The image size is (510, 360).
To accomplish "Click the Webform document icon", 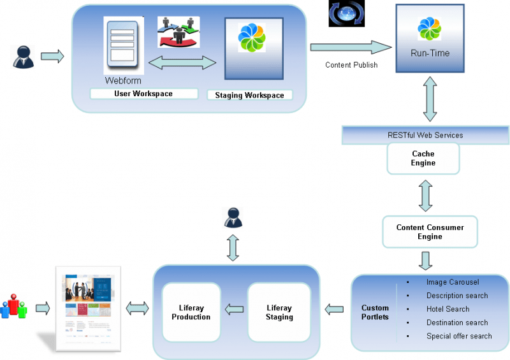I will coord(123,46).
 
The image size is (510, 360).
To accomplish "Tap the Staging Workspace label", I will coord(249,95).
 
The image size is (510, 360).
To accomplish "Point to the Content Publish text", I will coord(351,65).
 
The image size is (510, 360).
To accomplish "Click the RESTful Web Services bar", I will coord(425,134).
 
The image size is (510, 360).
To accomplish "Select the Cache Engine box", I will coord(423,158).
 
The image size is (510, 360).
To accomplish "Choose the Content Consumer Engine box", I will coord(430,232).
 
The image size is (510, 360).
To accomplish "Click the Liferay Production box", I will coord(191,312).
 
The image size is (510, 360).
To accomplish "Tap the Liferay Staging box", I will coord(279,312).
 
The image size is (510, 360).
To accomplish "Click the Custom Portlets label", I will coord(375,312).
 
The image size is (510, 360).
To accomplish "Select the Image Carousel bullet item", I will coord(452,282).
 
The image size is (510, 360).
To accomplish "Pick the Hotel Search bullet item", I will coord(448,309).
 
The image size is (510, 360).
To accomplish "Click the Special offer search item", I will coord(459,336).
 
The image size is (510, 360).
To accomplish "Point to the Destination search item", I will coord(457,322).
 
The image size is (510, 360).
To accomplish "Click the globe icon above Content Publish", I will coord(347,13).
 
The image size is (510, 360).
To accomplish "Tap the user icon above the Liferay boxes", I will coord(233,217).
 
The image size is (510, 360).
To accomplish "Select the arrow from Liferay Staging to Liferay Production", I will coord(235,310).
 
